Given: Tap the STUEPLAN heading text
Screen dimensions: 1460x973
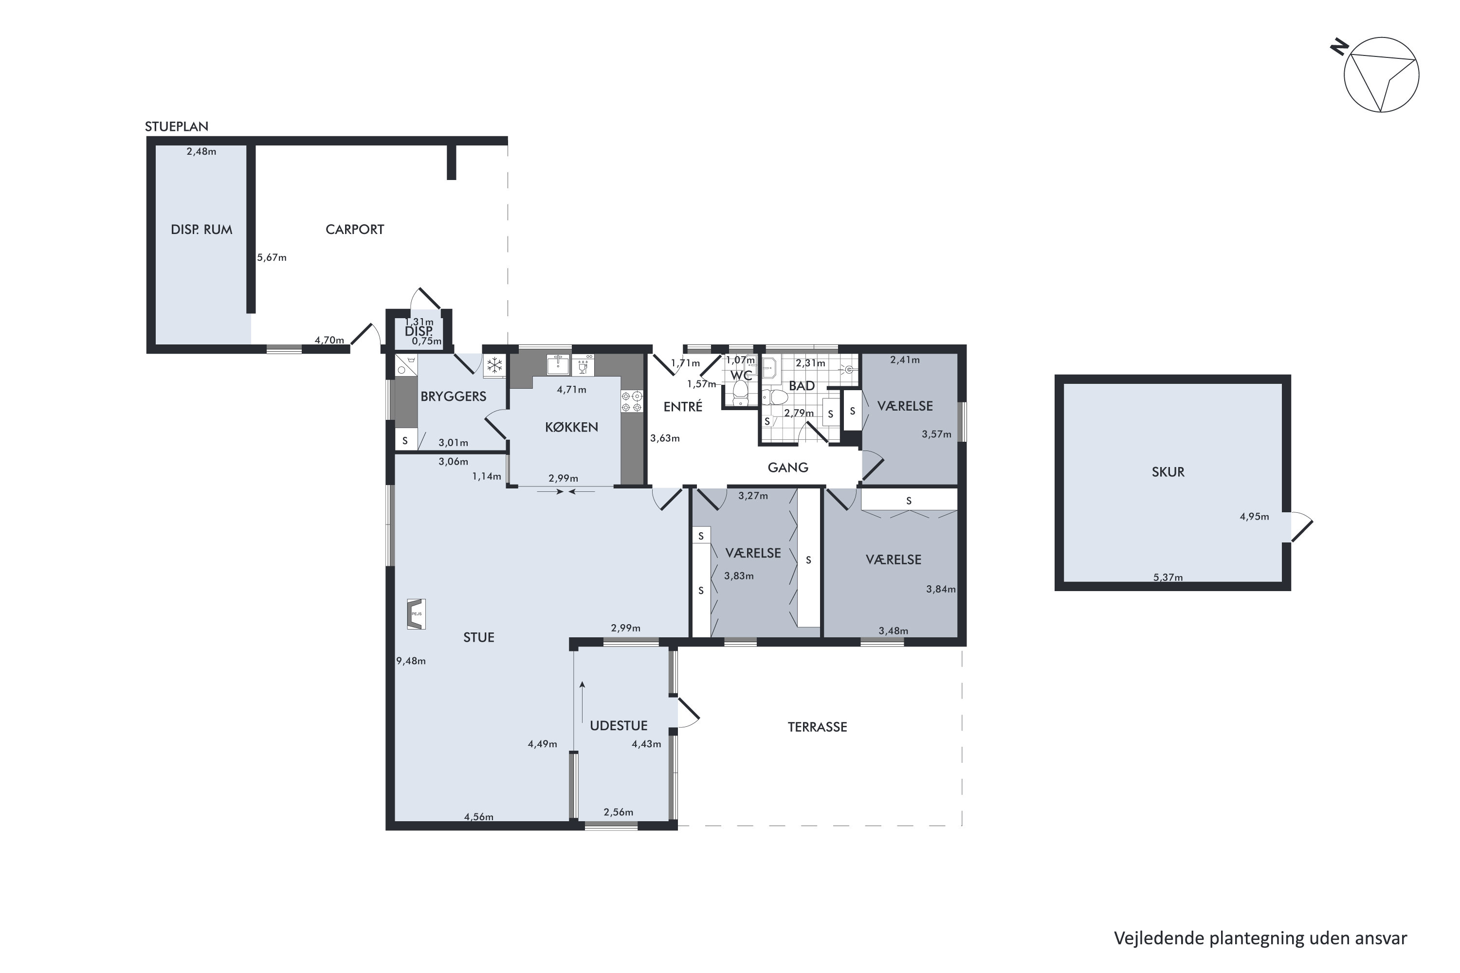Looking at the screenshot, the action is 176,126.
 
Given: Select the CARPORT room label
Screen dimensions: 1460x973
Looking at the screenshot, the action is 354,230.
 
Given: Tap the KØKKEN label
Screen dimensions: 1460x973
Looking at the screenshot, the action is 571,427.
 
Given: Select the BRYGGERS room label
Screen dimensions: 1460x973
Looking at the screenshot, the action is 453,396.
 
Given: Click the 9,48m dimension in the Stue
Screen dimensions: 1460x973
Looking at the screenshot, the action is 411,661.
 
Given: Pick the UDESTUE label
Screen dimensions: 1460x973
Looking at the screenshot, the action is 618,725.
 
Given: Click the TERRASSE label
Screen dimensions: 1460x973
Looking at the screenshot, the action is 817,727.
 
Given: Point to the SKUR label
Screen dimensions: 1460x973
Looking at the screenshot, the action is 1168,471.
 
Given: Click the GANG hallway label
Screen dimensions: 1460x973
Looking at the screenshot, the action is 788,467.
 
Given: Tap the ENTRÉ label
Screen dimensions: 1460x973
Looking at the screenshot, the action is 683,406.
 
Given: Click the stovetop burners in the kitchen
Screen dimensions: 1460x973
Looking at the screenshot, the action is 631,401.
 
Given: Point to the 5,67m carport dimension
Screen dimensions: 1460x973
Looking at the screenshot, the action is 272,257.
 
